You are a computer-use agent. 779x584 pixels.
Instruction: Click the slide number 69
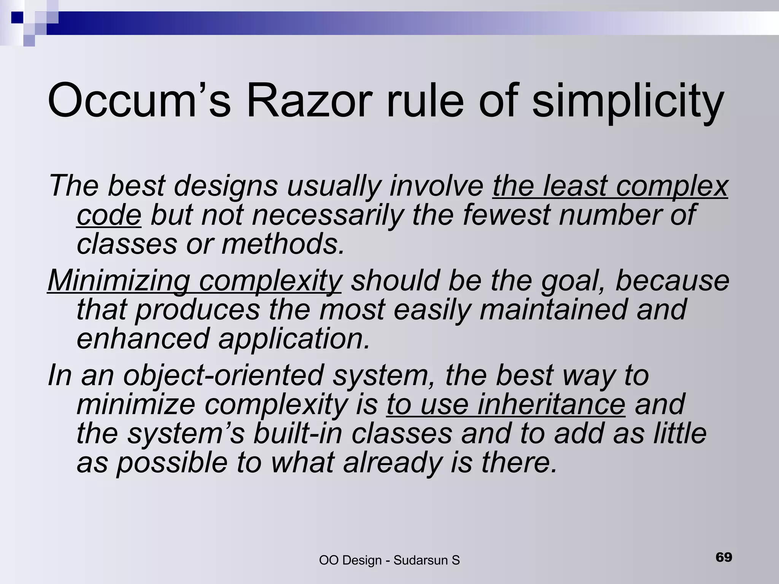tap(723, 557)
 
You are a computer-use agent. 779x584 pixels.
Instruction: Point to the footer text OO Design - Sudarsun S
tap(389, 560)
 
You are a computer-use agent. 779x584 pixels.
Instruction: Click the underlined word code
tap(109, 215)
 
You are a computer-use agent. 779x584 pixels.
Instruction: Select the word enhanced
tap(143, 338)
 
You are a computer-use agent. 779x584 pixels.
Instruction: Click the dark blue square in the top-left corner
tap(17, 17)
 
